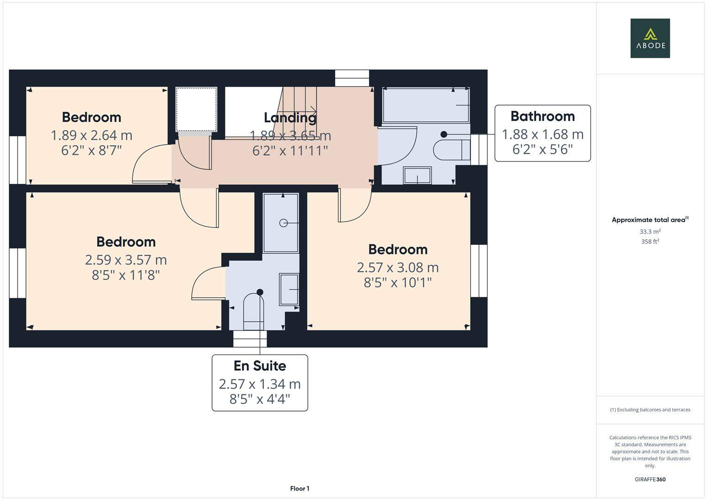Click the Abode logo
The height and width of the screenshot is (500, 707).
pos(650,38)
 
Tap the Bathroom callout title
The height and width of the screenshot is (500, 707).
pos(542,116)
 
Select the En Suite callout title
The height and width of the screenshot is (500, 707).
pos(260,366)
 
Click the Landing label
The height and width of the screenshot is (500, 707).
pos(290,118)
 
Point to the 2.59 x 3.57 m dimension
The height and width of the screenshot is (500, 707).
pos(125,260)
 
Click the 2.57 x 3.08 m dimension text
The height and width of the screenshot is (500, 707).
pos(397,267)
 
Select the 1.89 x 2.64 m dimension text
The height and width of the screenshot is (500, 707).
pos(91,135)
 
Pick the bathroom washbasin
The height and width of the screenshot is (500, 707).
pos(418,175)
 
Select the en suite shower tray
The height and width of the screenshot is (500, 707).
pos(281,223)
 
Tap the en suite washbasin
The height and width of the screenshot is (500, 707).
pos(289,289)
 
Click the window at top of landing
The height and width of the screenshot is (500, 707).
pos(352,78)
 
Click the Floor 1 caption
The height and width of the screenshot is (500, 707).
pos(300,488)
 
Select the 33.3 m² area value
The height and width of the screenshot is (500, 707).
pos(650,231)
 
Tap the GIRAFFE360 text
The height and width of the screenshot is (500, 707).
pos(650,479)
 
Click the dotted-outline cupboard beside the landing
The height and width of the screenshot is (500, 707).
pos(196,109)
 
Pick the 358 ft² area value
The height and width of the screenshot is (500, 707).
pos(650,242)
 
